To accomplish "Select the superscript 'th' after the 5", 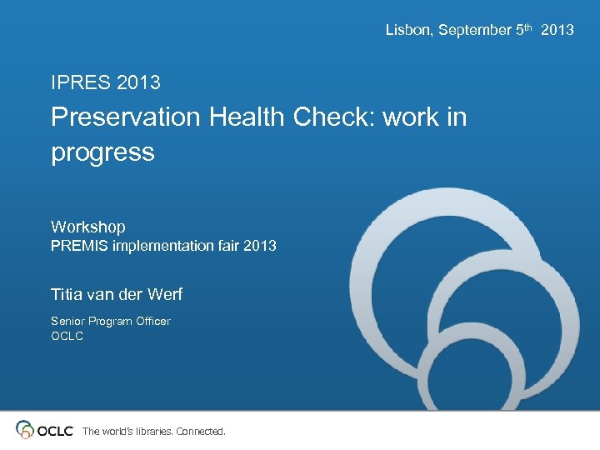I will (x=527, y=27).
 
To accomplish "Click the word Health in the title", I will (x=247, y=117).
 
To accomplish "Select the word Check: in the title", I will (x=335, y=117).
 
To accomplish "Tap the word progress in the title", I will (x=102, y=152).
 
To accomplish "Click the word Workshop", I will (x=88, y=227).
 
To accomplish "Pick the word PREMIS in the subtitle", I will (x=74, y=246).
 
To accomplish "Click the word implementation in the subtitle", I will (x=156, y=246).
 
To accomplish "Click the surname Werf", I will (x=163, y=294).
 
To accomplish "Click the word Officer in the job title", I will (x=152, y=321).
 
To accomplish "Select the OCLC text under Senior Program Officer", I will (x=67, y=336).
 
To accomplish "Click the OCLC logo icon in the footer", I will (x=25, y=430).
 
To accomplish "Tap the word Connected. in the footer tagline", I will (x=201, y=432).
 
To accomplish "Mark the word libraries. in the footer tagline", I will (x=149, y=432).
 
